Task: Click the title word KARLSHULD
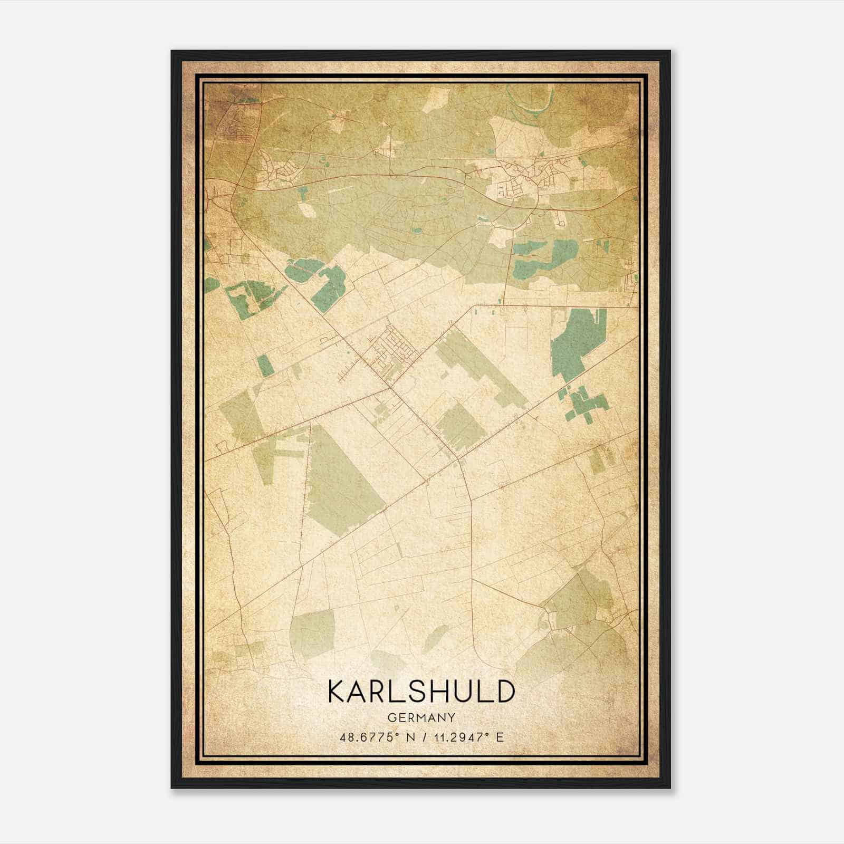point(421,692)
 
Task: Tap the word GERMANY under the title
point(421,718)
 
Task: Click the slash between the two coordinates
point(422,737)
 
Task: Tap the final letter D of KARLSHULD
point(505,692)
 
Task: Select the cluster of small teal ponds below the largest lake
point(586,404)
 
